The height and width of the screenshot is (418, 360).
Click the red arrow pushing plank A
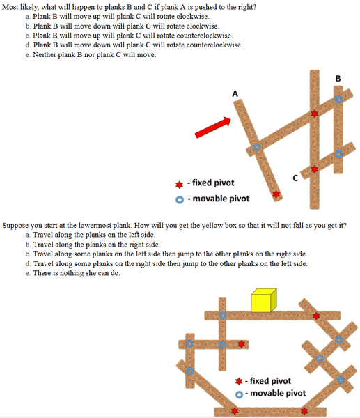click(212, 127)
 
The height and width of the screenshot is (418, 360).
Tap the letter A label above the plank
click(235, 94)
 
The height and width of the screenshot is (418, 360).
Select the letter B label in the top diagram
click(338, 78)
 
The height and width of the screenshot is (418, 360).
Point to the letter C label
click(295, 178)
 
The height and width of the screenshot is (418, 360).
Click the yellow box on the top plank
click(263, 300)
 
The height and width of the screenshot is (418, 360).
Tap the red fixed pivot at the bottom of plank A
click(276, 194)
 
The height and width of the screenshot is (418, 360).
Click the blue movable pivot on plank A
click(257, 148)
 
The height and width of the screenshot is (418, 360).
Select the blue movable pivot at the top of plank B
click(338, 100)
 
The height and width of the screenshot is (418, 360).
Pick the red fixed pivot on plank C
click(315, 169)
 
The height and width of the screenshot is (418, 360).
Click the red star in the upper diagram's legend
click(180, 185)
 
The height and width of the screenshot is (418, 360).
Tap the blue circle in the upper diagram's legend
click(180, 200)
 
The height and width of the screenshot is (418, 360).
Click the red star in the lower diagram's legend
click(239, 381)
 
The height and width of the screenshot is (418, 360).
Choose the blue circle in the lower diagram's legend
click(239, 394)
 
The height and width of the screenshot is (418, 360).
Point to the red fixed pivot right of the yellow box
click(316, 316)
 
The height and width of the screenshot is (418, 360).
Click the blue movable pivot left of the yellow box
click(223, 316)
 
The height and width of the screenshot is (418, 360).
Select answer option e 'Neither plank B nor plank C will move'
click(91, 54)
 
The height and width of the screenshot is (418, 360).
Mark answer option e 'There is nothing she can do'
click(73, 273)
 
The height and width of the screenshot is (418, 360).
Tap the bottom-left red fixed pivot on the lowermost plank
click(235, 411)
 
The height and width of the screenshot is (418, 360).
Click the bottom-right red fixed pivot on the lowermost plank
click(304, 411)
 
